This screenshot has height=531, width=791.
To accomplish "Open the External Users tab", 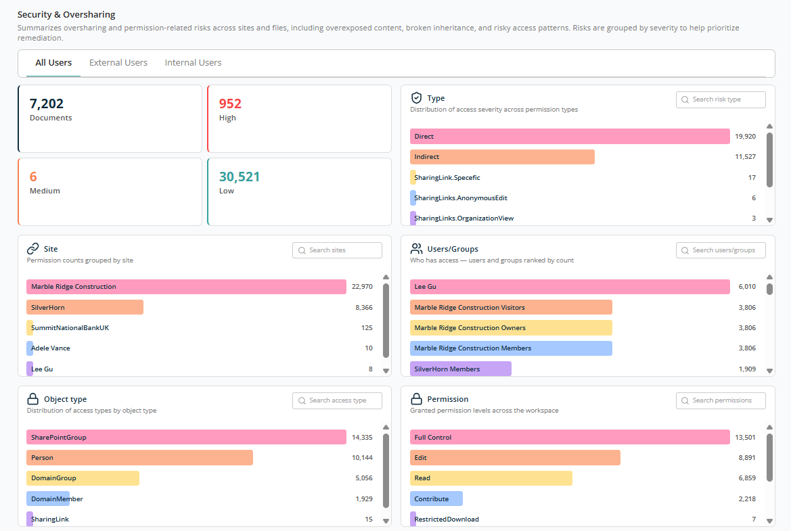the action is (118, 62).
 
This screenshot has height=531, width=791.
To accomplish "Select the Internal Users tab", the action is (194, 62).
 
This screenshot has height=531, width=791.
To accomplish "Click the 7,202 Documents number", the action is (47, 103).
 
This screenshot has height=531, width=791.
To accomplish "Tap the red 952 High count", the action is (230, 103).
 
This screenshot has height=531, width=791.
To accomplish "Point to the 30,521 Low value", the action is (239, 177).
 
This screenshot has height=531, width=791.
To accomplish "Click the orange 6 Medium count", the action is (33, 177).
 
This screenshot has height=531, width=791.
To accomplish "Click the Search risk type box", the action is (721, 99).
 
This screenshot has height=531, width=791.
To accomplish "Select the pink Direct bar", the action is (570, 136).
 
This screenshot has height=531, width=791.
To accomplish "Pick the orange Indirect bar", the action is (502, 157).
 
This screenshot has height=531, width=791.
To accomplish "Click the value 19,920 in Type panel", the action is (745, 136).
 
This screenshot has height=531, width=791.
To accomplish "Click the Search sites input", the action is (337, 250).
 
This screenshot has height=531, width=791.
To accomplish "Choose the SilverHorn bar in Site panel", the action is (85, 307).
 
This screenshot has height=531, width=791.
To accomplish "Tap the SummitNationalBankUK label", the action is (70, 328).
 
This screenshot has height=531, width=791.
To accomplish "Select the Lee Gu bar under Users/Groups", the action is (570, 286).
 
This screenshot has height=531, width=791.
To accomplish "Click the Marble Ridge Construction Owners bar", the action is (511, 328).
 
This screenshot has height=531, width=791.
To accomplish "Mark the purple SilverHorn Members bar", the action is (461, 369).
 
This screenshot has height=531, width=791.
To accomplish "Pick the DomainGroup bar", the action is (83, 478).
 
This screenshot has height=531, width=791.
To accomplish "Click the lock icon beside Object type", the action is (32, 399).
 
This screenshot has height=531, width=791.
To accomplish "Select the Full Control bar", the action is (570, 437).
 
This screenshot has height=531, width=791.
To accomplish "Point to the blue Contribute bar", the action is (436, 499).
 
